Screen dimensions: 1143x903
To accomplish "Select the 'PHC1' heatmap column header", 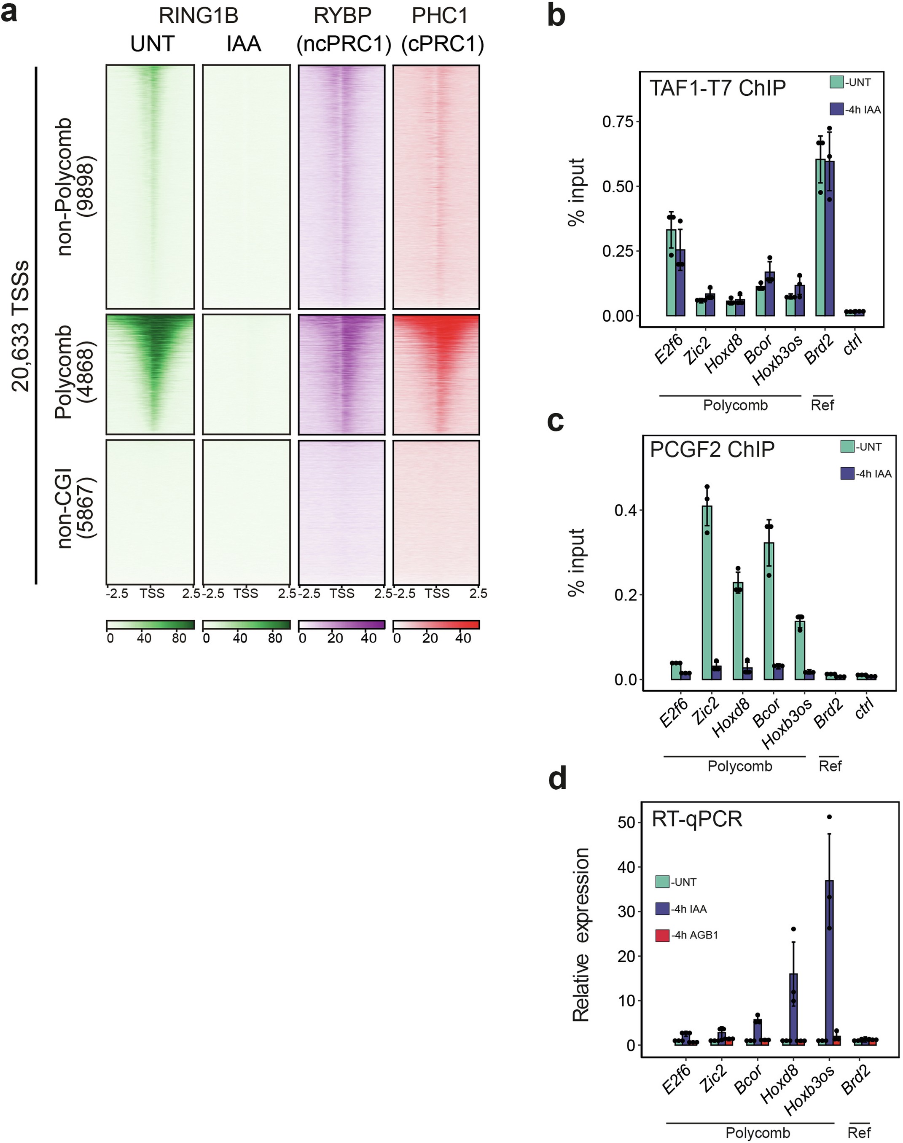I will coord(440,16).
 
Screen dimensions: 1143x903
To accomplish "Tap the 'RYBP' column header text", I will coord(342,16).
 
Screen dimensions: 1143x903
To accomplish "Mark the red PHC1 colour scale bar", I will coord(436,625).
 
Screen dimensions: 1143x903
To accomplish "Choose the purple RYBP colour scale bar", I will coord(341,625).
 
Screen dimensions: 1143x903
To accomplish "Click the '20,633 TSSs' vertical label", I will coord(21,325).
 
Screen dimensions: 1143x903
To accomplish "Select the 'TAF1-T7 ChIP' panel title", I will coord(718,88).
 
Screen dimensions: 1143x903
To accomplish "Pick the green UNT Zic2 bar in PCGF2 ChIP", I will coord(707,592).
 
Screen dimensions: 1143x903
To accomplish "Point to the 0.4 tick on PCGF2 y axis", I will coord(624,510).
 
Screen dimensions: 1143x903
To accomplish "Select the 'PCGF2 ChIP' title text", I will coord(712,449).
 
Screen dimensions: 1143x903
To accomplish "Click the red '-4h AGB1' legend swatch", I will coord(662,935).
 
